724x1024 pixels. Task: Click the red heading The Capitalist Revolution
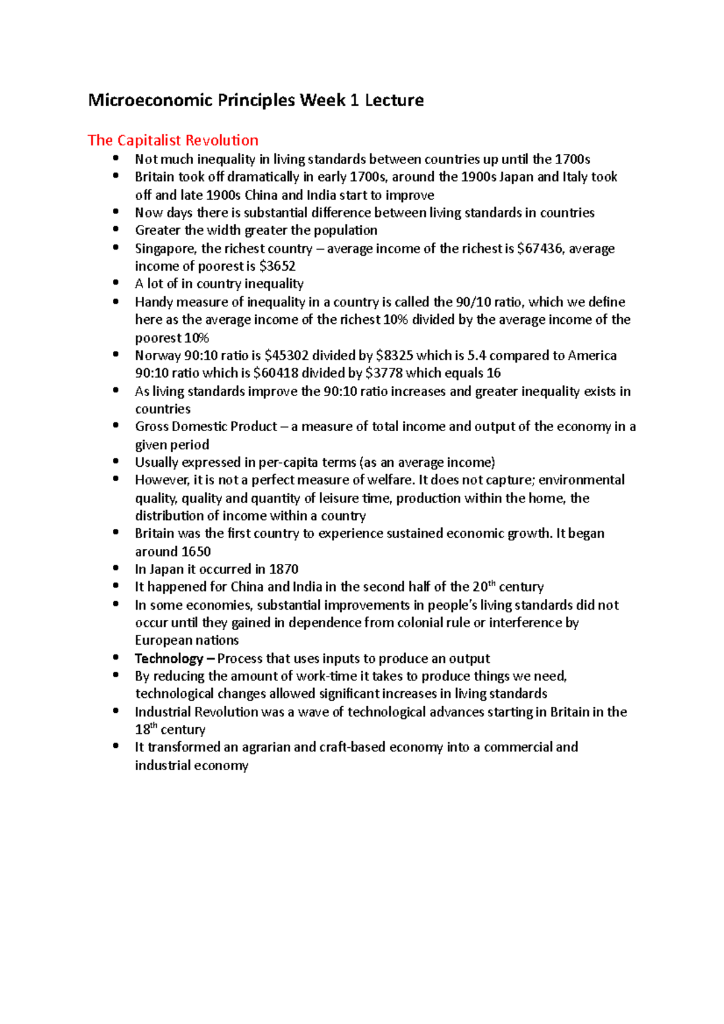[x=173, y=141]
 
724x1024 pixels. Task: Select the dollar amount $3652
[x=277, y=267]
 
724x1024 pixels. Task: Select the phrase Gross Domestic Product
[x=206, y=427]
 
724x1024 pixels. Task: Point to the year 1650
[x=195, y=552]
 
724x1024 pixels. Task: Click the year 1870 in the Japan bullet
[x=284, y=569]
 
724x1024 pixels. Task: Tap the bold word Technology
[x=169, y=659]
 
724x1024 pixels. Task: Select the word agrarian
[x=266, y=748]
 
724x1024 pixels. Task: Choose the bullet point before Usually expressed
[x=116, y=461]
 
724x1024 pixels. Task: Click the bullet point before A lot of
[x=116, y=283]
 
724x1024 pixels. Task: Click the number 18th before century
[x=145, y=729]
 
